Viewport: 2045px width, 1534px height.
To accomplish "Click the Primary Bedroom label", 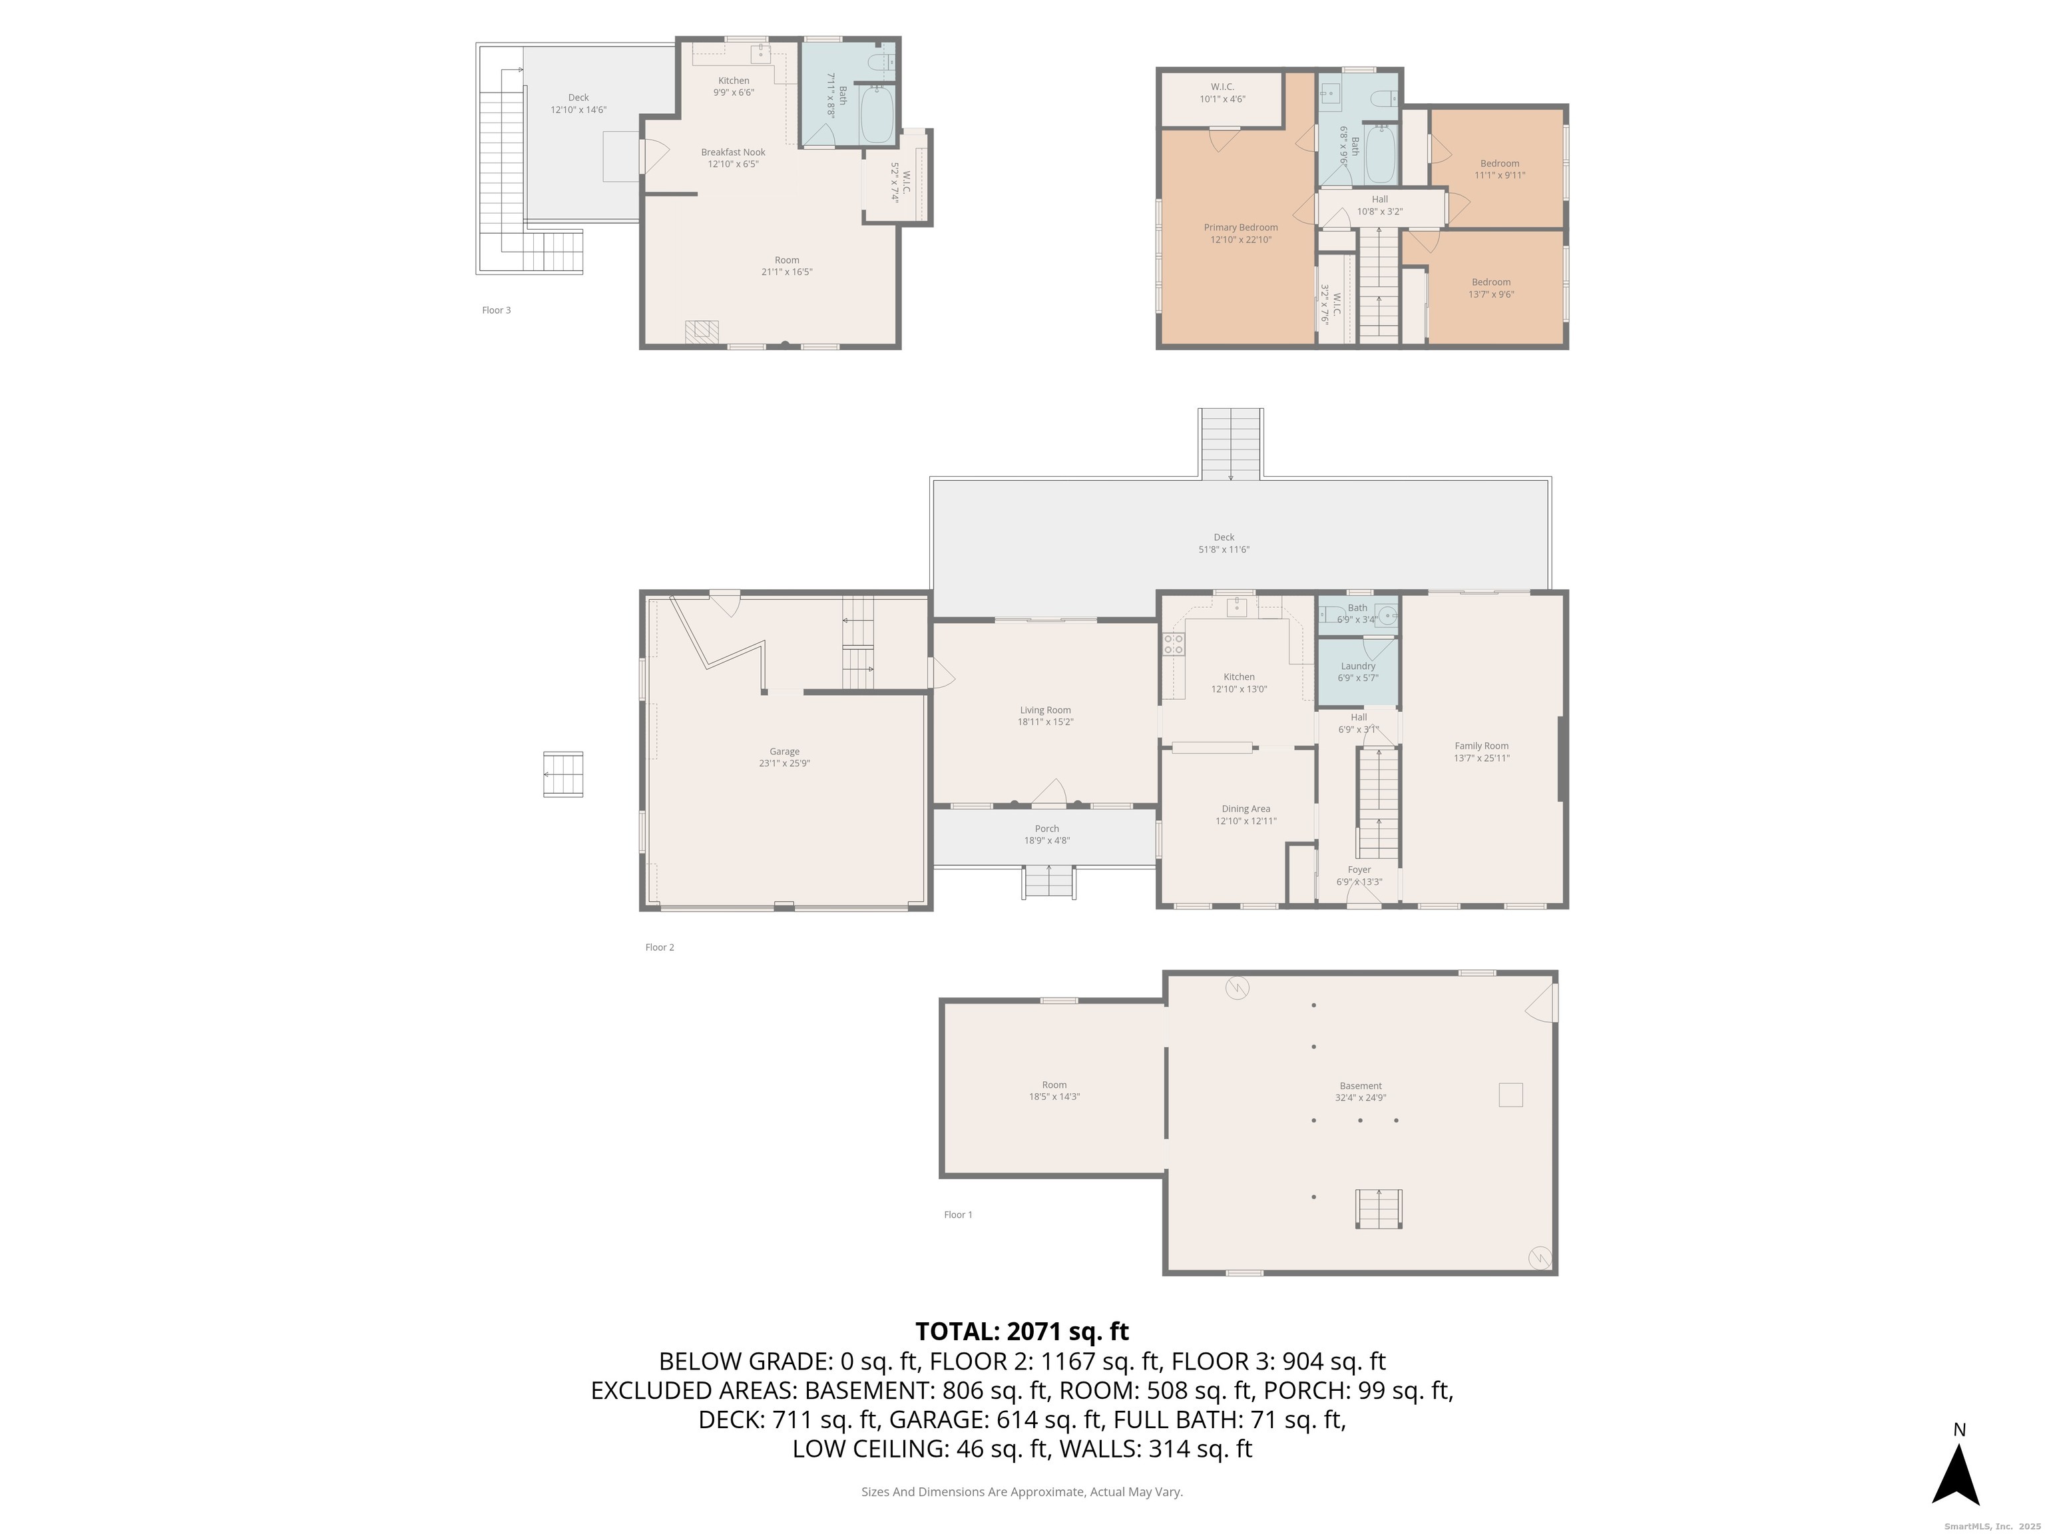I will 1241,228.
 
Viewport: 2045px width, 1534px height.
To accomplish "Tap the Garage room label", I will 784,752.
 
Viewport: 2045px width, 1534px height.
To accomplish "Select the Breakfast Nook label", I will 733,152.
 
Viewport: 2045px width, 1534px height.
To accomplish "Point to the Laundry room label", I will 1358,666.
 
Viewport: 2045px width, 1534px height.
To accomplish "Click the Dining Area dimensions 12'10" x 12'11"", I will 1246,821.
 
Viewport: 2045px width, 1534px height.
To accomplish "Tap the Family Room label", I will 1481,746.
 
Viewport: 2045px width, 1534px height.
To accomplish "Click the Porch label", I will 1046,828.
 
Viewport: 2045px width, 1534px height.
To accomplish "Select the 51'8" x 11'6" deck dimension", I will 1224,549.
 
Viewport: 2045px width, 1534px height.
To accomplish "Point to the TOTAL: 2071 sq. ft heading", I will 1022,1332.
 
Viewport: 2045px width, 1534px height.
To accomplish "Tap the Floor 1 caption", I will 958,1215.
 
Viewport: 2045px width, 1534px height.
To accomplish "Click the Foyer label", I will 1359,870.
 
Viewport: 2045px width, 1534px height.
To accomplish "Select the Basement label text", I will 1361,1087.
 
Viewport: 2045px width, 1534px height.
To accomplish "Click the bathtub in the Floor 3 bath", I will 877,116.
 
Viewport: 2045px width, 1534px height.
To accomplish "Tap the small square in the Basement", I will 1510,1095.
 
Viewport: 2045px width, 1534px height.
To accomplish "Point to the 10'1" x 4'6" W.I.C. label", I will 1222,93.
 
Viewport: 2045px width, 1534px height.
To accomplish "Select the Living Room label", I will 1046,710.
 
